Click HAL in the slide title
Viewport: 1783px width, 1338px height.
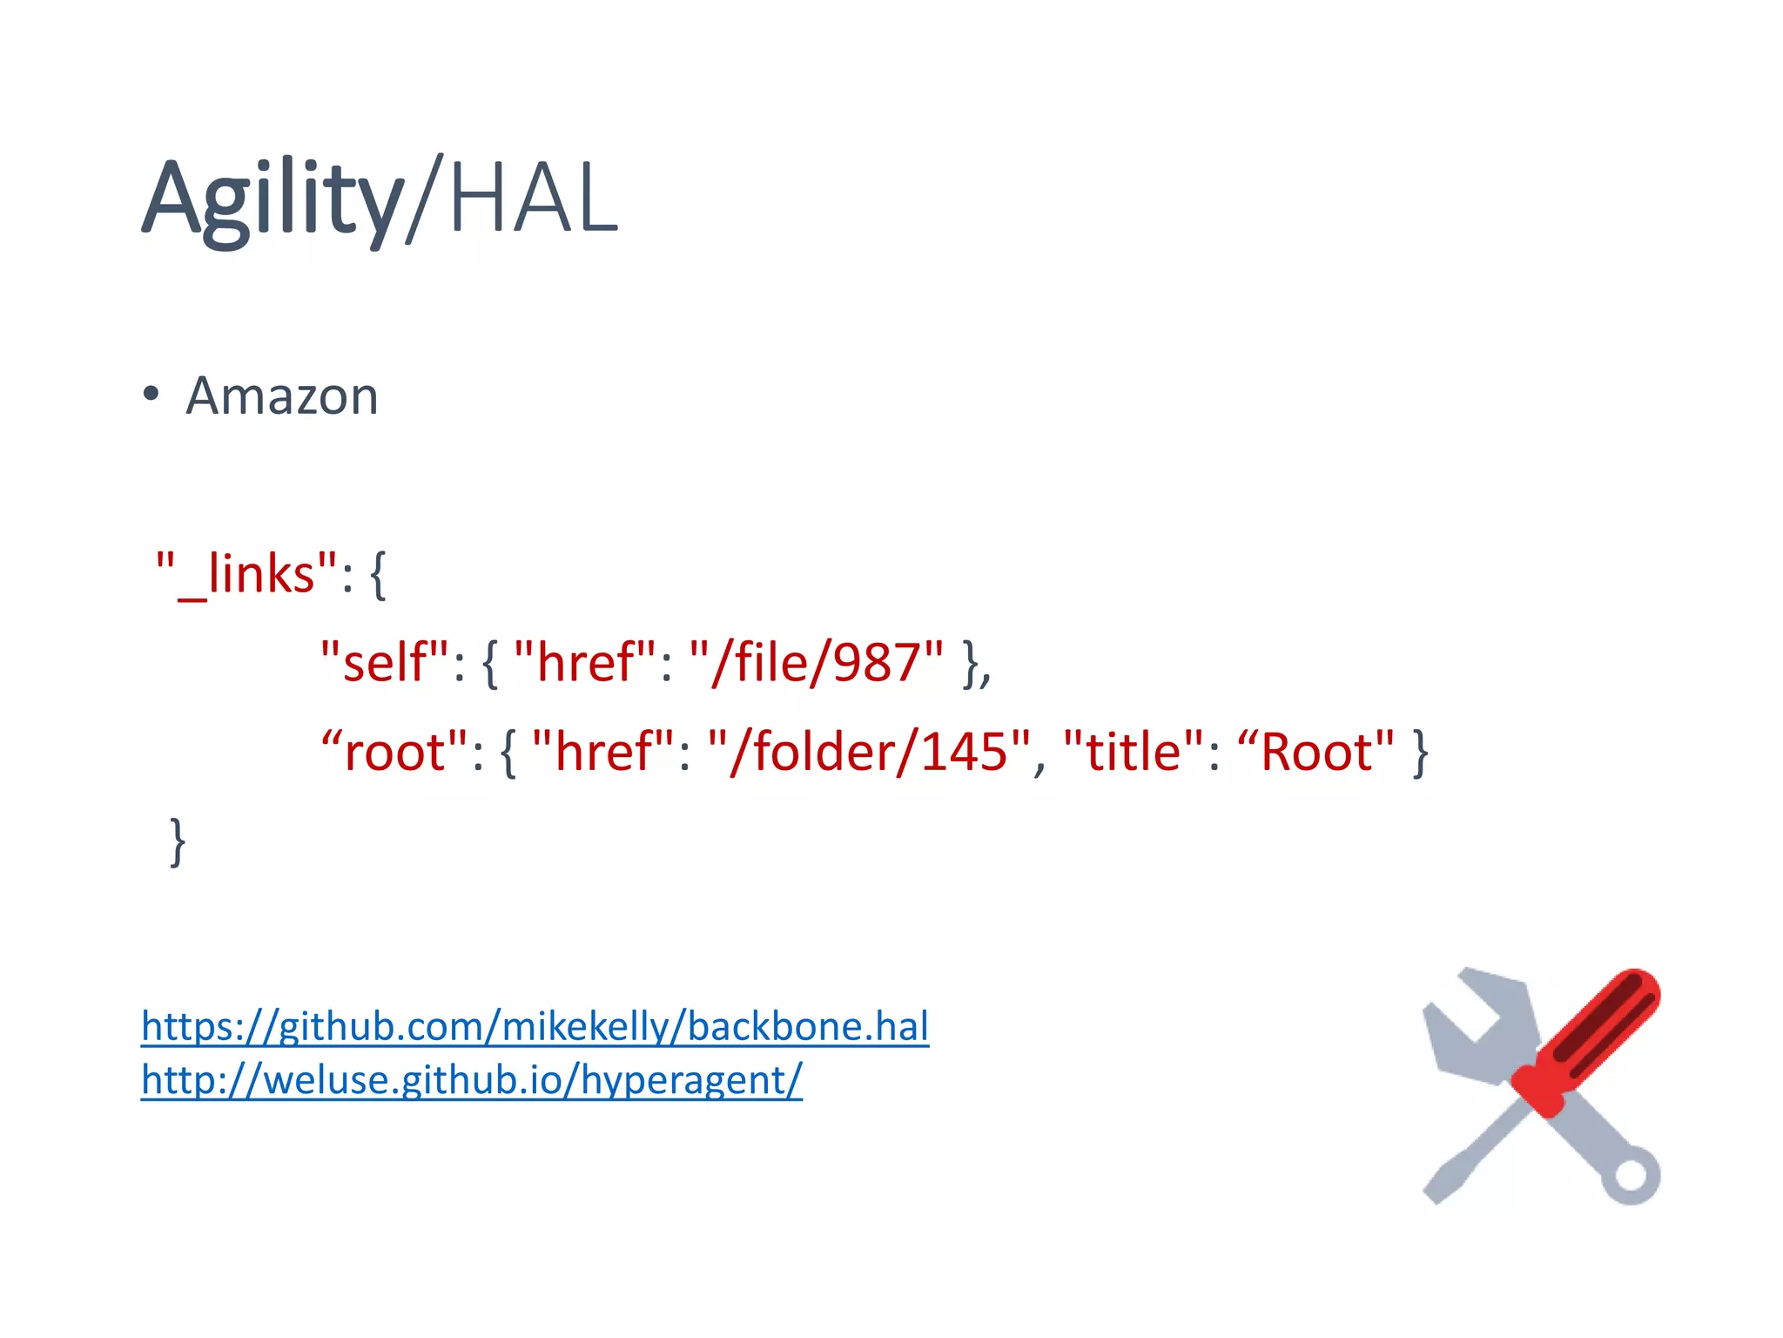pos(533,199)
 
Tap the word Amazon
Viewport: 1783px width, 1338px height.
pos(282,396)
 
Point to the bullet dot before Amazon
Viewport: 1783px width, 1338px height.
pos(151,394)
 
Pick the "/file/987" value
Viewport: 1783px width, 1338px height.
pos(816,662)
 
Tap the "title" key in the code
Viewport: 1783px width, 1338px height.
pos(1134,751)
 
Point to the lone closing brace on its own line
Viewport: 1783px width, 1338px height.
pos(178,841)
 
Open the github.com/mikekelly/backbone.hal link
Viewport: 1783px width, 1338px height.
pos(535,1026)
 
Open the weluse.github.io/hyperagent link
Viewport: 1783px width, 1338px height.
pos(471,1080)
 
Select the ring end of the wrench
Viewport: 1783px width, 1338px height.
pos(1631,1176)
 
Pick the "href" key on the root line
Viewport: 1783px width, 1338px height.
pos(603,751)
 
